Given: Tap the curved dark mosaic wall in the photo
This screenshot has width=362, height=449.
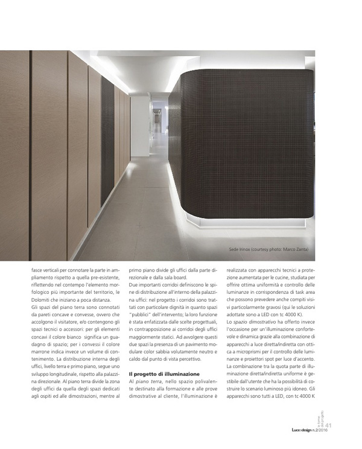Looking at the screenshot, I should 247,145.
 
